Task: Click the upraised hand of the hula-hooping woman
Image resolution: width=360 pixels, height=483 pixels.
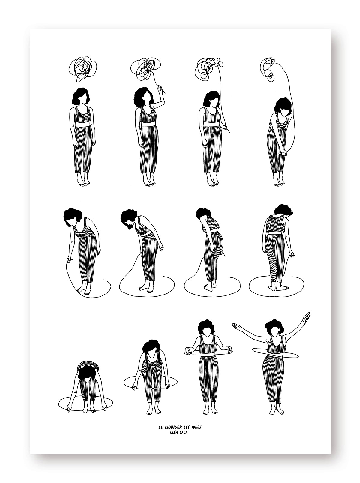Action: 307,316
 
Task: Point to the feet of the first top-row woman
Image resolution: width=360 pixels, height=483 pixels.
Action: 84,181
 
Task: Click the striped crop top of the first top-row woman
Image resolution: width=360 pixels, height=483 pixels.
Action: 83,114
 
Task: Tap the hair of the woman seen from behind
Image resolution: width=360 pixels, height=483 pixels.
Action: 283,210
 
